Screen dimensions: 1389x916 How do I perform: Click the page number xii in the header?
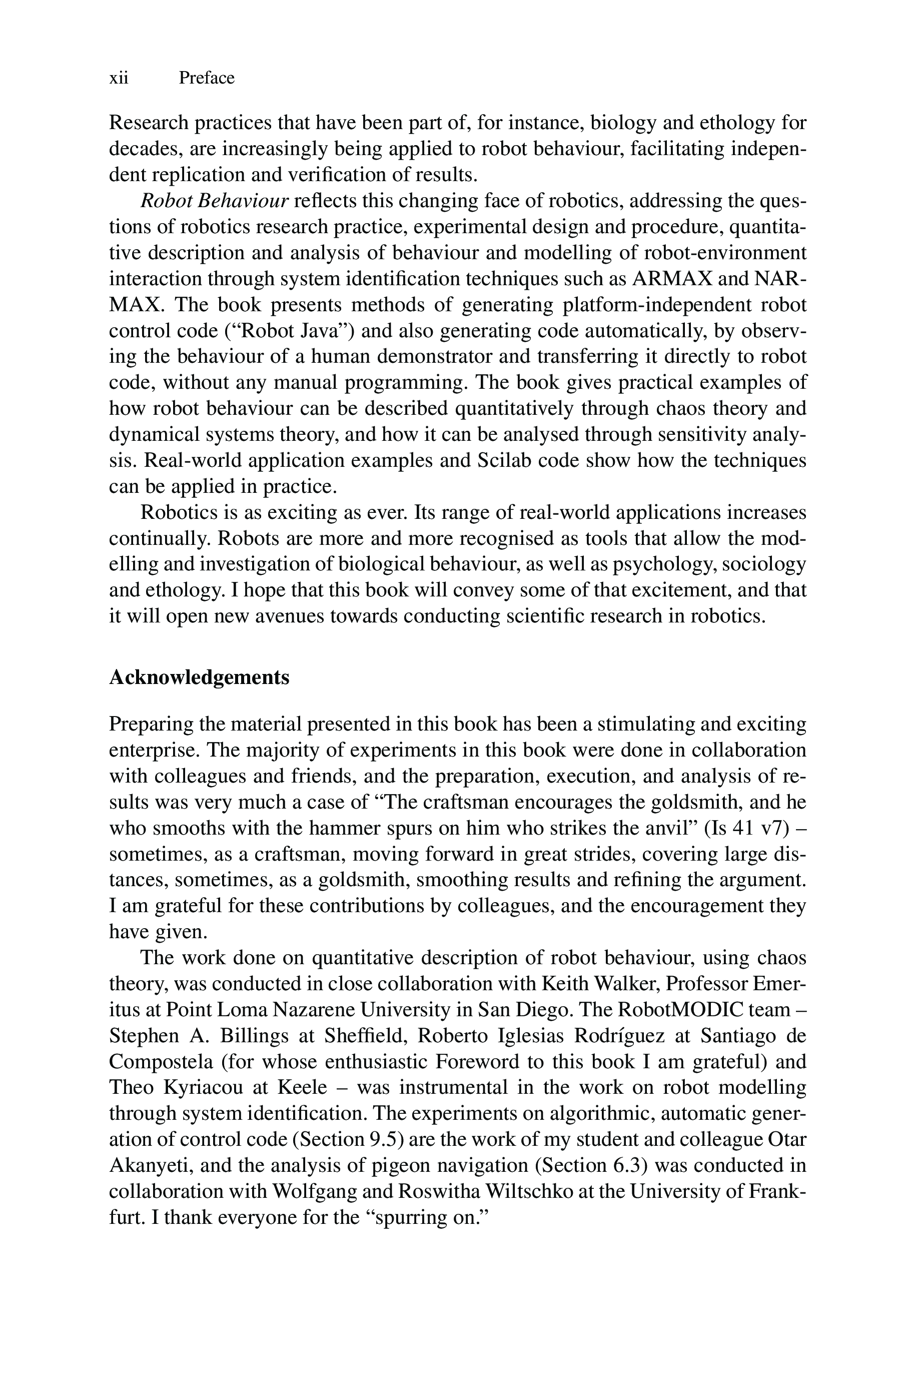119,78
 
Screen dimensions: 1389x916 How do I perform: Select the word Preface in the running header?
206,78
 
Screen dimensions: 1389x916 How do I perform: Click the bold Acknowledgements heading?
199,677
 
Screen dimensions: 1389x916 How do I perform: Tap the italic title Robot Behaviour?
215,201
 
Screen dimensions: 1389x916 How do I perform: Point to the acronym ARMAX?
672,279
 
